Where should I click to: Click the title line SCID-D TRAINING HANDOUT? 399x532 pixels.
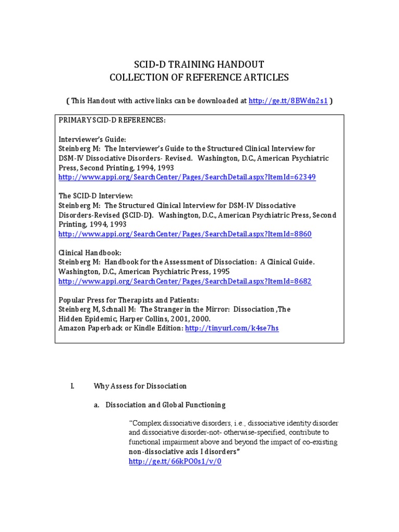click(x=199, y=64)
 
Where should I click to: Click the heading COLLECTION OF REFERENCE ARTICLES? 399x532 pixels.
click(x=199, y=77)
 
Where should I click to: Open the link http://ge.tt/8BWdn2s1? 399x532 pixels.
click(x=288, y=101)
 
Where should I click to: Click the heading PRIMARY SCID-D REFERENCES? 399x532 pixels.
click(x=112, y=121)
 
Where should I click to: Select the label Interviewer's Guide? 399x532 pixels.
click(x=92, y=139)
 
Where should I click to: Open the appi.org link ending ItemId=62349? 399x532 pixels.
click(x=187, y=177)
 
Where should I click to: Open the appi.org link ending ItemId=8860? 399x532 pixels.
click(x=185, y=234)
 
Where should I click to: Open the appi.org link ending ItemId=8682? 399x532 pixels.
click(x=185, y=281)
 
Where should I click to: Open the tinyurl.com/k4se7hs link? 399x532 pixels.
click(x=232, y=329)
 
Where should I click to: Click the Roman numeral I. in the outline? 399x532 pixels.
click(x=72, y=386)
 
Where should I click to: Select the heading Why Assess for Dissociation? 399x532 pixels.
click(x=140, y=386)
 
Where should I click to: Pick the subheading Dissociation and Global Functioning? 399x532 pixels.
click(x=165, y=405)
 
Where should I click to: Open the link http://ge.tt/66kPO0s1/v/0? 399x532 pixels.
click(x=175, y=461)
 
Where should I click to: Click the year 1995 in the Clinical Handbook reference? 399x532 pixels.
click(x=220, y=272)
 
